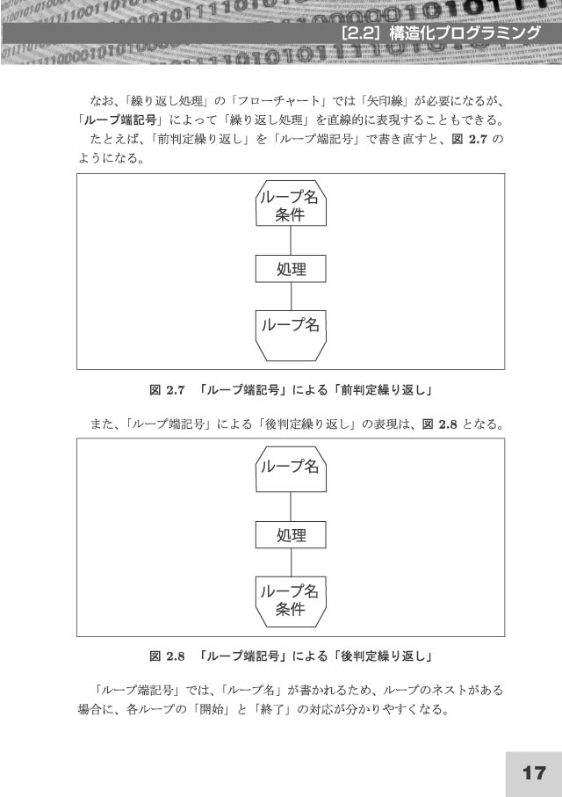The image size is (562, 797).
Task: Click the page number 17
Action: [x=534, y=773]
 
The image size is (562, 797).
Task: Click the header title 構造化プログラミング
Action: [x=465, y=33]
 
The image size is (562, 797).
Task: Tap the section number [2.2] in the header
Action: [x=363, y=33]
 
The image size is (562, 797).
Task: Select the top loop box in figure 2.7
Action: [x=291, y=203]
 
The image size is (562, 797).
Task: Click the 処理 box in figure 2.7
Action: [x=291, y=269]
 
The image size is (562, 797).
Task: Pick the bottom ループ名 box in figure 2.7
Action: [x=291, y=336]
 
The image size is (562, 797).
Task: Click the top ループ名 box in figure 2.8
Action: [x=291, y=469]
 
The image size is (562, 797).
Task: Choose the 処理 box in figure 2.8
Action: [x=291, y=535]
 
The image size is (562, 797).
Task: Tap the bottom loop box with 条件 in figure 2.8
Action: [x=291, y=602]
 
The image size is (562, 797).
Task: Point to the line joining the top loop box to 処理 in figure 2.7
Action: [x=291, y=241]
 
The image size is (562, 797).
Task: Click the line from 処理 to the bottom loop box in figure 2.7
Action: [x=291, y=296]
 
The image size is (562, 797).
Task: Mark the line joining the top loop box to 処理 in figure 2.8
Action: [x=291, y=507]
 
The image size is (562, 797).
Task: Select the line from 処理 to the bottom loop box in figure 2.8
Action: [x=291, y=562]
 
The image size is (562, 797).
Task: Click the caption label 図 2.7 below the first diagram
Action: [x=167, y=390]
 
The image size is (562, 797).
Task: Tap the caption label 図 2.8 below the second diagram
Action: [x=167, y=656]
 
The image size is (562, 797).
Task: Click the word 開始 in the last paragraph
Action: [x=212, y=709]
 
